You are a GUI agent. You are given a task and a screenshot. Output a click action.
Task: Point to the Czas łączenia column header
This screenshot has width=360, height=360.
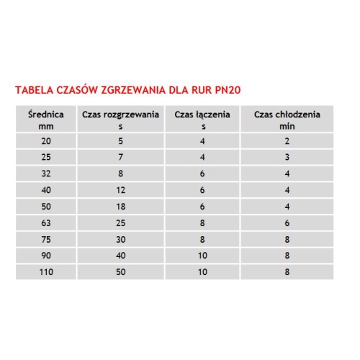tap(202, 120)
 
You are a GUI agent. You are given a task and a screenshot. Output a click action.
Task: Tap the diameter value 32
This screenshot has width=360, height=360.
tap(48, 174)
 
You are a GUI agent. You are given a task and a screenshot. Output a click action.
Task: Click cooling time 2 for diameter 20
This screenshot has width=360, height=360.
tap(287, 142)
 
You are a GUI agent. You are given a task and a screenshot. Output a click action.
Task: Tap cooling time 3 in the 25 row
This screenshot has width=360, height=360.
tap(287, 158)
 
